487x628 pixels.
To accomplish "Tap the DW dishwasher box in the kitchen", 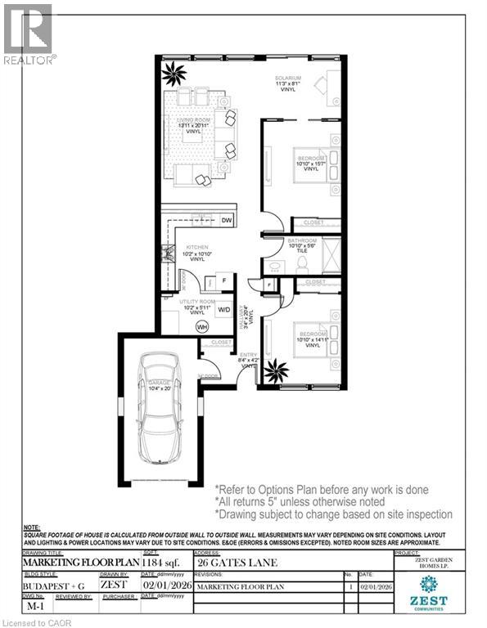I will tap(228, 221).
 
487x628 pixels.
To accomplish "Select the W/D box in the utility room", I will tap(223, 310).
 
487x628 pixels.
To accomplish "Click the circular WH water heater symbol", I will tap(201, 326).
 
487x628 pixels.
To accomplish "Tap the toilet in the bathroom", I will tap(301, 263).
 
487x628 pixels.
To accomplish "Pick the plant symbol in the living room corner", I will tap(174, 75).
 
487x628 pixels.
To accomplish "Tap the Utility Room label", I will tap(198, 307).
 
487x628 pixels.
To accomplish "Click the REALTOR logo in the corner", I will tap(29, 33).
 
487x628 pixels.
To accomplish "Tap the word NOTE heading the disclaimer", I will tap(32, 528).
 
